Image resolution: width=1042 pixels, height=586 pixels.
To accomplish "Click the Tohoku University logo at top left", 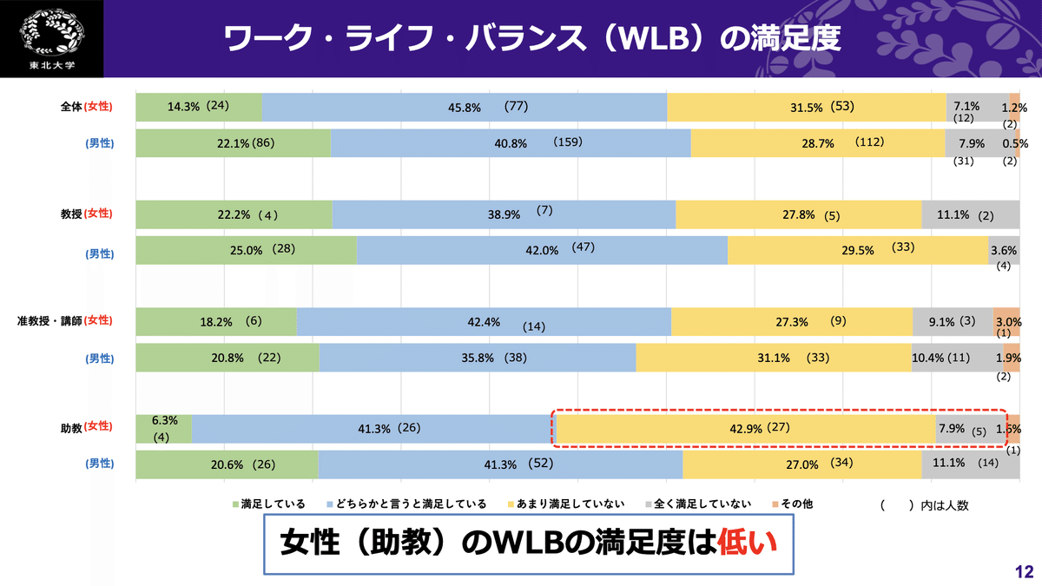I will click(x=51, y=38).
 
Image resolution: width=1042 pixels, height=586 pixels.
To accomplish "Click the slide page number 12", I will click(x=1024, y=571).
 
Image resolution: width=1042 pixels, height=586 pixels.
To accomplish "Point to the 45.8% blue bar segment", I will click(x=464, y=107).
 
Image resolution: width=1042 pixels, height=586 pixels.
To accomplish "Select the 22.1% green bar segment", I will click(x=234, y=143).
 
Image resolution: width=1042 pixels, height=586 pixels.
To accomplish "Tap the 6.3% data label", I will click(x=164, y=420).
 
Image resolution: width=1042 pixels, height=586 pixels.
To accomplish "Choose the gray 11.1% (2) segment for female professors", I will click(x=970, y=214).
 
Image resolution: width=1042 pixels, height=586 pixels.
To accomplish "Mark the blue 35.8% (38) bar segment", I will click(x=478, y=357).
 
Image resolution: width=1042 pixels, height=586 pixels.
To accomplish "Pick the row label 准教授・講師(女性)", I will click(x=64, y=321).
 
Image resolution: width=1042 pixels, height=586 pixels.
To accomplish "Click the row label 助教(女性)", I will click(x=87, y=427).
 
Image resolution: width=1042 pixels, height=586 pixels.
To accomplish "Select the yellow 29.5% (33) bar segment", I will click(x=858, y=250).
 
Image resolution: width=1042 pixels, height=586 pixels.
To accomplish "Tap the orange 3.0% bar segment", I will click(x=1006, y=320).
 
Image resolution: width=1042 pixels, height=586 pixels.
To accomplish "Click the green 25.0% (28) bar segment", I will click(x=247, y=250).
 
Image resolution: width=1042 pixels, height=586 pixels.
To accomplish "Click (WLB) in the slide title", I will click(x=658, y=39).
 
